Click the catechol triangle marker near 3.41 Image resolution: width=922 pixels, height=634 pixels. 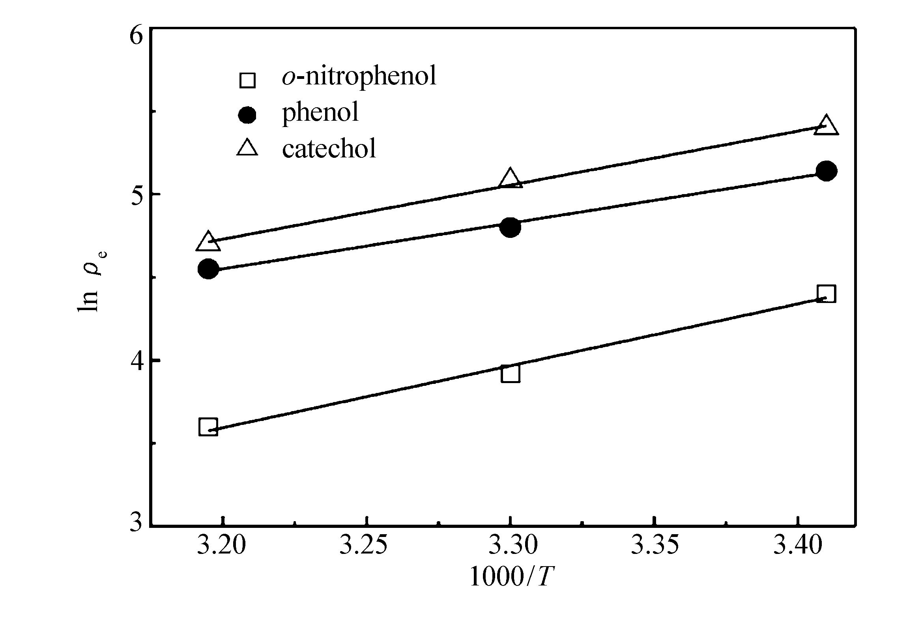point(826,127)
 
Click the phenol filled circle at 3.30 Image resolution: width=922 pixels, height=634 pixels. point(511,227)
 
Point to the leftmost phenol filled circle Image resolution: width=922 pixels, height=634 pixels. point(208,269)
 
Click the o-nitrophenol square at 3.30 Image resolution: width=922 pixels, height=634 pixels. point(511,373)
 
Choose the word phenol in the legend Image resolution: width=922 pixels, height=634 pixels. point(320,112)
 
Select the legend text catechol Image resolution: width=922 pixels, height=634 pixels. point(329,149)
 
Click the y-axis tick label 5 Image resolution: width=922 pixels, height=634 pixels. point(136,196)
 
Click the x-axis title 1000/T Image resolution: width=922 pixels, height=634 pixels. point(512,577)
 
